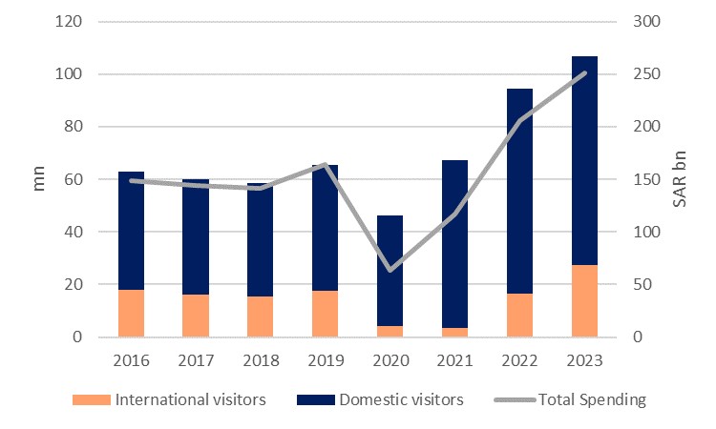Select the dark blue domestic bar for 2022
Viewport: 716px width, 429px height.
[x=518, y=191]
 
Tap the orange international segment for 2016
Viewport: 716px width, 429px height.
[x=131, y=313]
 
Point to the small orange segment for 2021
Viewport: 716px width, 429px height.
[x=454, y=333]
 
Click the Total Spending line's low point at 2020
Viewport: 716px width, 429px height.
[x=390, y=270]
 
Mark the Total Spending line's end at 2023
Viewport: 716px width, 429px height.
[x=584, y=72]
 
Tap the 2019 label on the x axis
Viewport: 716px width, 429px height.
[x=325, y=360]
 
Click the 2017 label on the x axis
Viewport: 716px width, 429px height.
[x=195, y=360]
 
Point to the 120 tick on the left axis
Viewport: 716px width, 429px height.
[x=71, y=21]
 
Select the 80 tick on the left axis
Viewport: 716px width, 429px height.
[x=74, y=127]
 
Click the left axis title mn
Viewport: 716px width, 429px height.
[x=39, y=179]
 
